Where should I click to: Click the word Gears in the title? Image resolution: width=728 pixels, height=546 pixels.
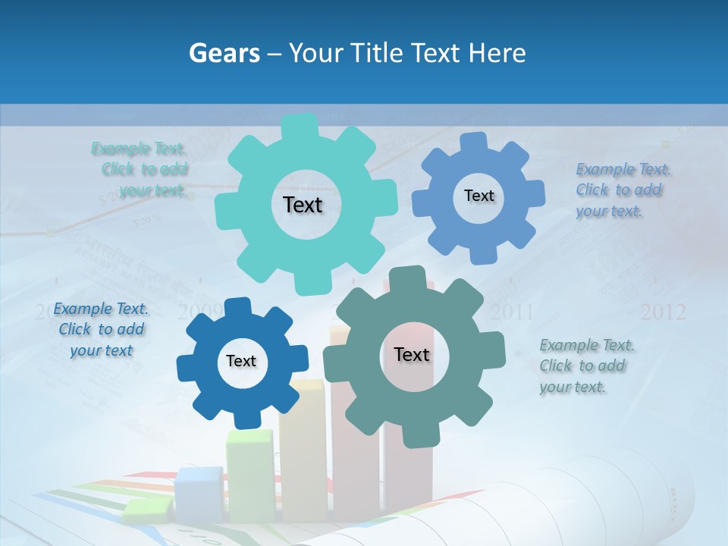[x=224, y=53]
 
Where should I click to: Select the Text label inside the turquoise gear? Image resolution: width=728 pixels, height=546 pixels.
[x=303, y=205]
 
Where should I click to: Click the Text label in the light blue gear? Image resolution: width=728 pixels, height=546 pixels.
[x=479, y=196]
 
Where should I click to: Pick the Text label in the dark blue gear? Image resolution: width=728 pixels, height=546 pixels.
[x=241, y=362]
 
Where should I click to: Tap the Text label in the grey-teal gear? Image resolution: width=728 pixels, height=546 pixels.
[x=412, y=355]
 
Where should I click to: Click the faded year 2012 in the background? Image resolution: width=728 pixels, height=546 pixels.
[x=663, y=312]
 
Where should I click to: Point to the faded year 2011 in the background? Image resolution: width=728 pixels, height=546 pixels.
[x=512, y=312]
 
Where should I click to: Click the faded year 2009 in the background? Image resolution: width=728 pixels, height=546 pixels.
[x=199, y=311]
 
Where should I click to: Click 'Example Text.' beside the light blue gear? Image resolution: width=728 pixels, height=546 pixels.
[x=623, y=169]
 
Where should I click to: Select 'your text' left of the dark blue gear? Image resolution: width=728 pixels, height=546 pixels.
[x=101, y=350]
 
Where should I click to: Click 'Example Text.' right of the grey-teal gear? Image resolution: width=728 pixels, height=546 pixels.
[x=587, y=346]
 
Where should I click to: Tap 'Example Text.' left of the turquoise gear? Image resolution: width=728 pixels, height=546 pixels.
[x=139, y=149]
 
